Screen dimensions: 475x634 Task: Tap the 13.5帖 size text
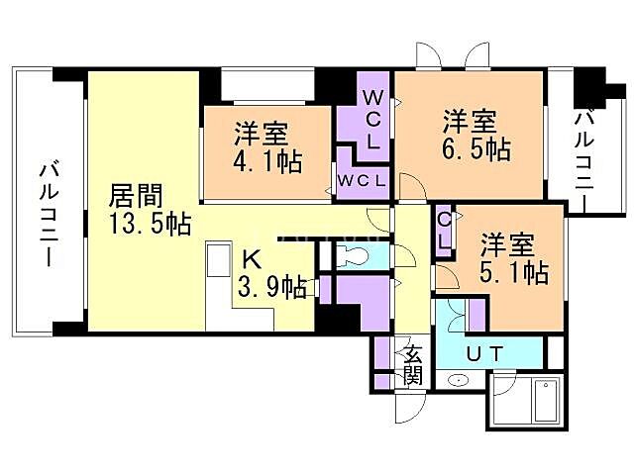coord(149,223)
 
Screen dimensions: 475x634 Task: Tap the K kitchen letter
coord(254,261)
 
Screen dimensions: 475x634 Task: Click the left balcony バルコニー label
coord(46,212)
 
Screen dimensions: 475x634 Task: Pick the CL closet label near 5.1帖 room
coord(445,229)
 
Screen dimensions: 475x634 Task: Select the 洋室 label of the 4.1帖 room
coord(262,131)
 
